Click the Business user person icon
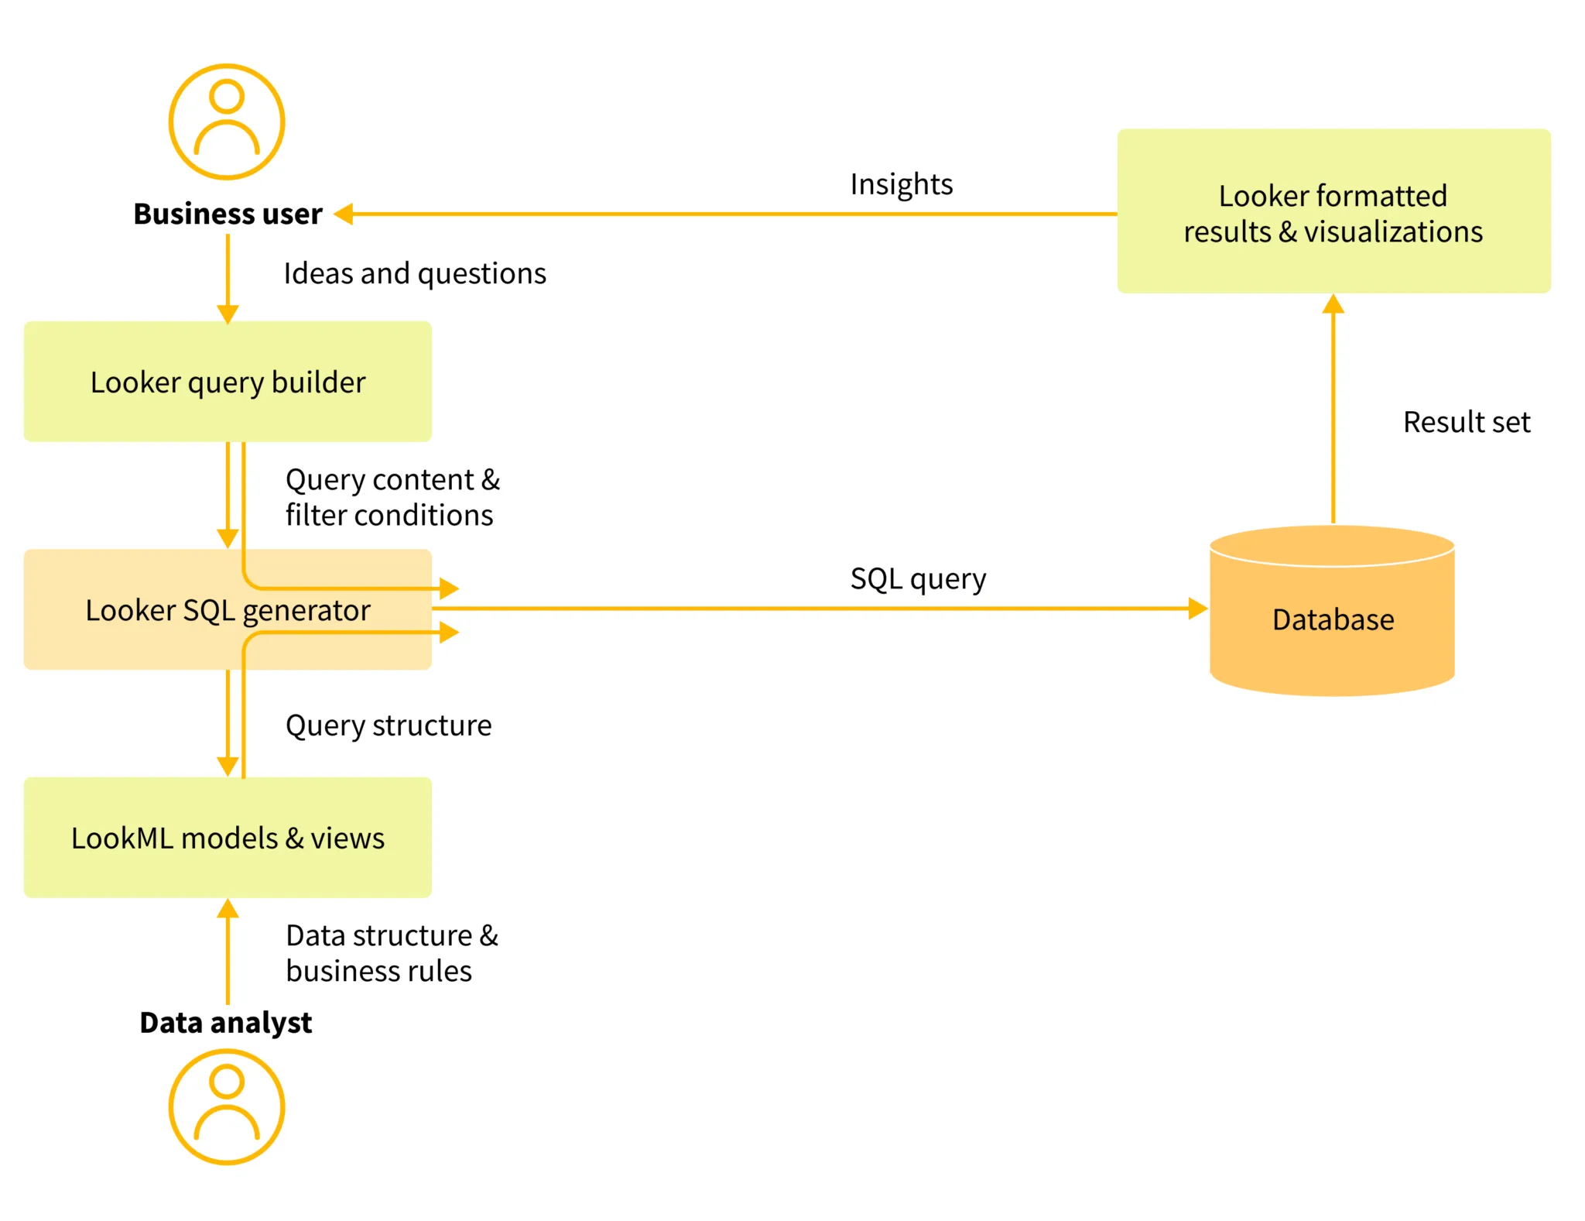pyautogui.click(x=227, y=122)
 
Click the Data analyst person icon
pyautogui.click(x=227, y=1106)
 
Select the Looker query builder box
pyautogui.click(x=228, y=382)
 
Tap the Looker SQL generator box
pyautogui.click(x=228, y=610)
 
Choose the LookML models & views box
pyautogui.click(x=228, y=838)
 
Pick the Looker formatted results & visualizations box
pyautogui.click(x=1333, y=212)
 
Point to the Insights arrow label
pyautogui.click(x=901, y=184)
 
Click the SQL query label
pyautogui.click(x=918, y=579)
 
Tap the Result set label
pyautogui.click(x=1466, y=422)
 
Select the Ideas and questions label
pyautogui.click(x=415, y=273)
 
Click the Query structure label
pyautogui.click(x=389, y=725)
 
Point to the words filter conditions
pyautogui.click(x=389, y=516)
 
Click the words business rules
pyautogui.click(x=378, y=971)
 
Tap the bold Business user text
pyautogui.click(x=228, y=214)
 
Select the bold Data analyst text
pyautogui.click(x=225, y=1022)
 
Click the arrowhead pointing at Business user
pyautogui.click(x=344, y=214)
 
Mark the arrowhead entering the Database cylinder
pyautogui.click(x=1197, y=609)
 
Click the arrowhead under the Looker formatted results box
pyautogui.click(x=1333, y=304)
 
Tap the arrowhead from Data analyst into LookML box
pyautogui.click(x=228, y=909)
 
